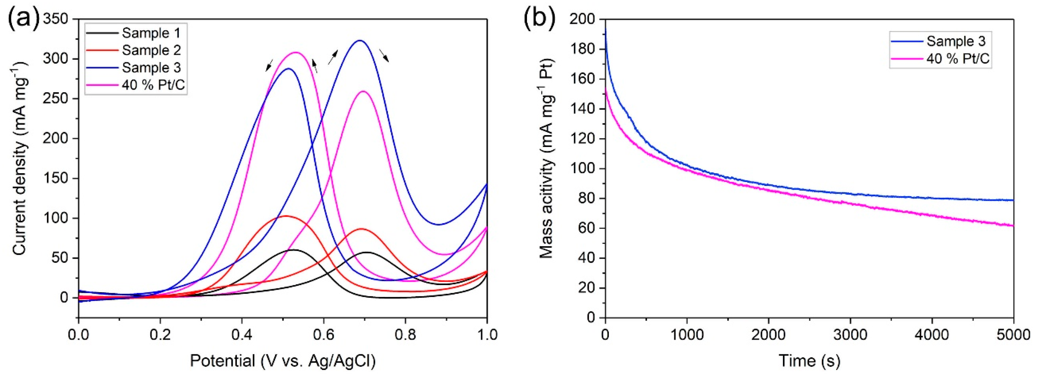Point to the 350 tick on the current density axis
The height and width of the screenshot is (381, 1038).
(57, 19)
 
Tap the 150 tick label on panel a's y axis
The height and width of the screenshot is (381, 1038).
(57, 178)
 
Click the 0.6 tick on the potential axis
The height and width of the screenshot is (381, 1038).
(323, 335)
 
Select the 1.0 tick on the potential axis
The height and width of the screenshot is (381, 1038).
(487, 335)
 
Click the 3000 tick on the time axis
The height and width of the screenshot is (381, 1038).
(850, 335)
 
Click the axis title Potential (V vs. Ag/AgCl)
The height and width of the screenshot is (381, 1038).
(283, 361)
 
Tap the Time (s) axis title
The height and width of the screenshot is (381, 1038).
(809, 361)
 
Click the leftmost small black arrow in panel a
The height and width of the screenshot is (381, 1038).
(269, 65)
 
